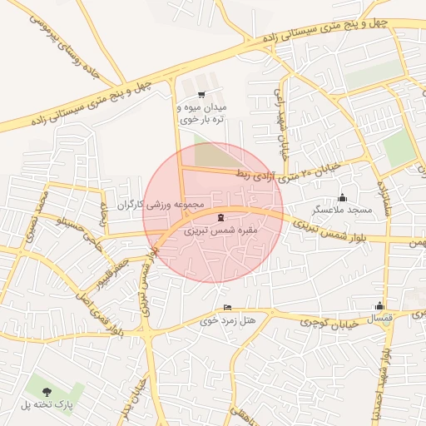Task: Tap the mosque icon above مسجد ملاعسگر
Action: point(342,197)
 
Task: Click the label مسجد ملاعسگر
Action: point(342,210)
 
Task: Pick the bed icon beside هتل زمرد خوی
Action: point(228,308)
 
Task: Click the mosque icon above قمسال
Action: point(379,305)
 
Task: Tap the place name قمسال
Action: point(379,318)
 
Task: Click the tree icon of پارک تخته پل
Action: point(45,390)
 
